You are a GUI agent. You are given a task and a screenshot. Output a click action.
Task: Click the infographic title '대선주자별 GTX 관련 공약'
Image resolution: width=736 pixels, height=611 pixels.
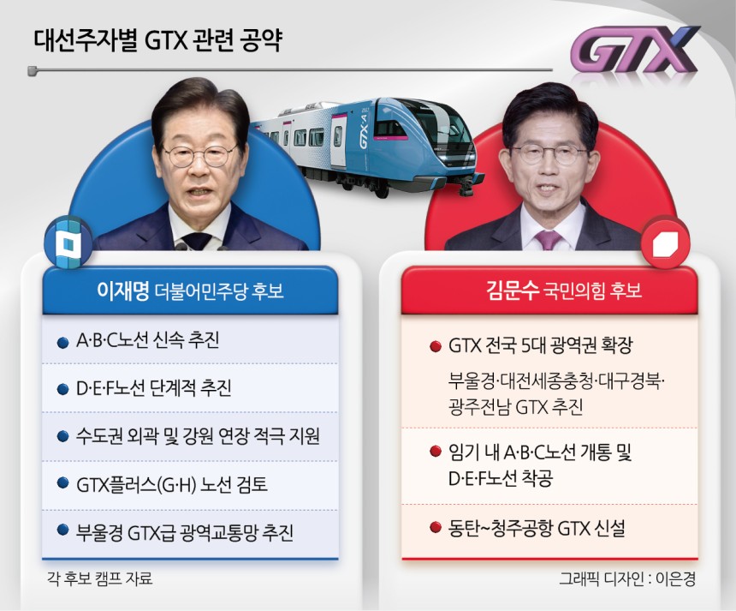(157, 40)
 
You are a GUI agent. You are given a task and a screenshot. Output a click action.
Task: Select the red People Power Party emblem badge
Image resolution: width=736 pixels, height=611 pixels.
(665, 243)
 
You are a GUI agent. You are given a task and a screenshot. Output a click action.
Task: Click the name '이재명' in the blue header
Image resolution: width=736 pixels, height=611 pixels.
(122, 291)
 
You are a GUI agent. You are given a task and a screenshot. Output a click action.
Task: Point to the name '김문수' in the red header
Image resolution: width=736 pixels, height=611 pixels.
(513, 290)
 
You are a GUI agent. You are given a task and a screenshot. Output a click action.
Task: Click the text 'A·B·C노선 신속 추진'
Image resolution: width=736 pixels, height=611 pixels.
(148, 340)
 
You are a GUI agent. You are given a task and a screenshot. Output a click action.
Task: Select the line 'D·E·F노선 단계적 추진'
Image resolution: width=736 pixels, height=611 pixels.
(154, 388)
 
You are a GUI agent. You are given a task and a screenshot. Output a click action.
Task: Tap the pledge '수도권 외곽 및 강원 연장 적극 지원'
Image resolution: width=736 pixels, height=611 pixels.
(198, 436)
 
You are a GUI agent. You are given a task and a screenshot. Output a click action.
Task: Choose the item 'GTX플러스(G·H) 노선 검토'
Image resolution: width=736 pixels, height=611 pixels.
(172, 484)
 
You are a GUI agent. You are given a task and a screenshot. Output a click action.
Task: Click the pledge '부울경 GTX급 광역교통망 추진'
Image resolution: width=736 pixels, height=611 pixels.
(185, 532)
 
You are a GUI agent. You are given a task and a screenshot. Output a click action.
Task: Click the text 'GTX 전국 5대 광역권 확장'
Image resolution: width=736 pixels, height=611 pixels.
(541, 345)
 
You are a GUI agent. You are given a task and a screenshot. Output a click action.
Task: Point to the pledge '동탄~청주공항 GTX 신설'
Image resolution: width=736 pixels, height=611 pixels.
(537, 528)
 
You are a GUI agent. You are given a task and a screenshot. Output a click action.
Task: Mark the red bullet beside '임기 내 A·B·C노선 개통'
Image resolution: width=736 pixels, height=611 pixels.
(436, 452)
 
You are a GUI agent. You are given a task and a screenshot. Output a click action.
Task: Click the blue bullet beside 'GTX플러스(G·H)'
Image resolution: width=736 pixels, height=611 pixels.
(62, 483)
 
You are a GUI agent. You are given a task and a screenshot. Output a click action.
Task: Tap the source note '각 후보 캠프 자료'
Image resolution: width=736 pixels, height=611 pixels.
(100, 578)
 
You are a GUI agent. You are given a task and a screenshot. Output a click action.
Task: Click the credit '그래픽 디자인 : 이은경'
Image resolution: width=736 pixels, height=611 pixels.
(627, 578)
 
